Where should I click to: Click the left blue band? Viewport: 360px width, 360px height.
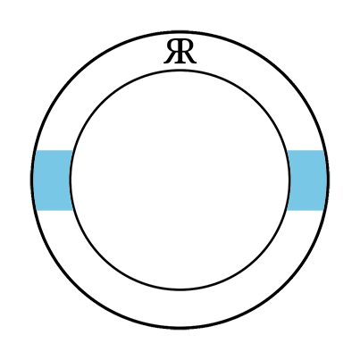click(53, 180)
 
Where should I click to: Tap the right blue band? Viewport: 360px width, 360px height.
click(306, 180)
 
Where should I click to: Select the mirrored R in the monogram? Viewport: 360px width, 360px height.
click(172, 52)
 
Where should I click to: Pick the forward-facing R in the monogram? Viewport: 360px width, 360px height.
click(187, 52)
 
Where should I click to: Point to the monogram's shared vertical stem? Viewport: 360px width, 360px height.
click(180, 52)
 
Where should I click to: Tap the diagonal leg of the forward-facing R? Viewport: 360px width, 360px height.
click(190, 58)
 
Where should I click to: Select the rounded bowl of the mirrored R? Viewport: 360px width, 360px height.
click(172, 47)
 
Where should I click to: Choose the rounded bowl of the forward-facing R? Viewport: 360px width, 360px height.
click(188, 47)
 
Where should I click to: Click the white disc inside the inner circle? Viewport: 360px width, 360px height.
click(180, 180)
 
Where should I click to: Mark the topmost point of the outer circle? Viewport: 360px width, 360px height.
click(180, 31)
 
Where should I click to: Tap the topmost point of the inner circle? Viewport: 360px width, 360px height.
click(180, 71)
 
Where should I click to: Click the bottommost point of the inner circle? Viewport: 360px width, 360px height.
click(180, 289)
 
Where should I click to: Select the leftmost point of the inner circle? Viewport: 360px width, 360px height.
click(71, 180)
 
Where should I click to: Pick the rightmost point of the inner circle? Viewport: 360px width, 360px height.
click(289, 180)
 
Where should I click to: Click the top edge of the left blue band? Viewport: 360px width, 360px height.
click(54, 150)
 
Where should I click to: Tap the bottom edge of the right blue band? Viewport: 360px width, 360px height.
click(306, 210)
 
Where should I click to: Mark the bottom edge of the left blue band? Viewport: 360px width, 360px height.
click(54, 210)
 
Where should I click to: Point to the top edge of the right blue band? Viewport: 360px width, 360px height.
click(306, 150)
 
